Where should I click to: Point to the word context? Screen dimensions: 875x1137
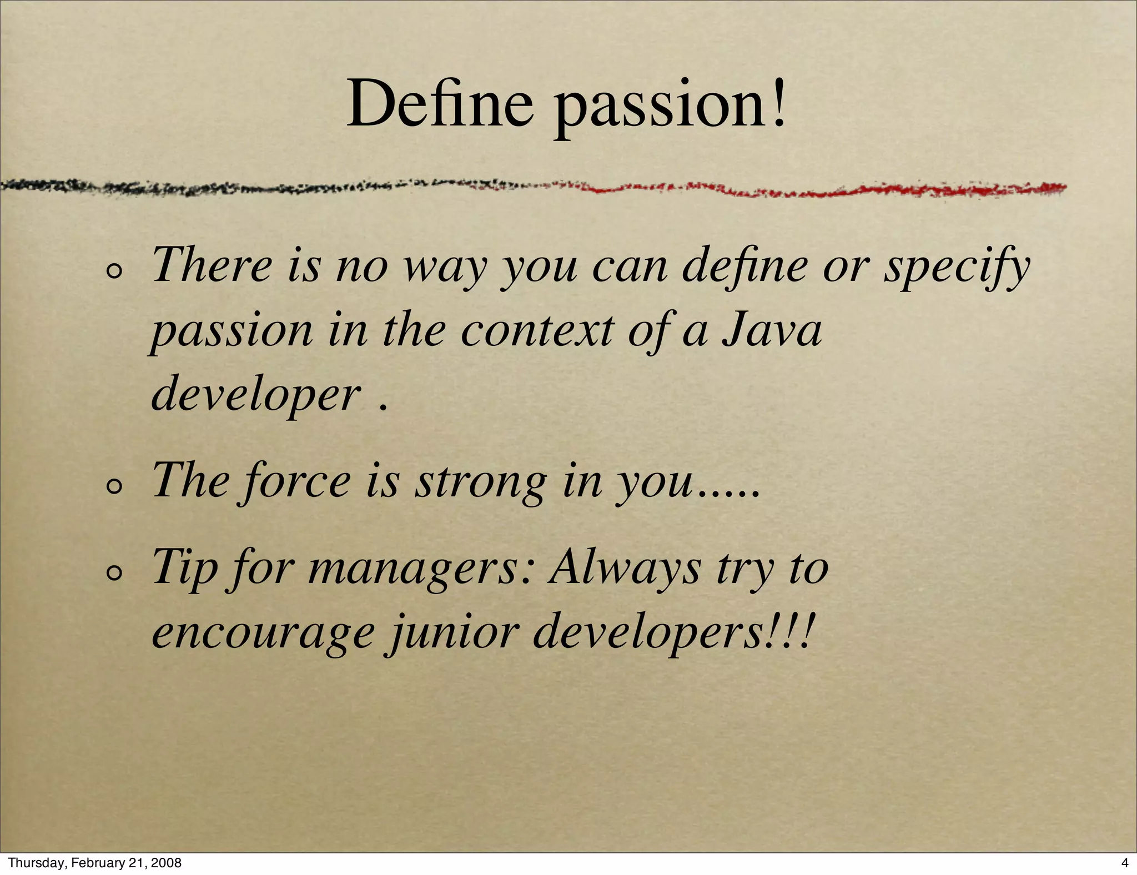coord(537,330)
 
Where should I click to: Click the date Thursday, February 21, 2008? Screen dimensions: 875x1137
coord(95,863)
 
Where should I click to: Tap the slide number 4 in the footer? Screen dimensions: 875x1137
coord(1125,863)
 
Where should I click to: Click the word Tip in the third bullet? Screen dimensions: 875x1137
coord(184,569)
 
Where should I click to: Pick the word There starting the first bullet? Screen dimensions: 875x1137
coord(212,265)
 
